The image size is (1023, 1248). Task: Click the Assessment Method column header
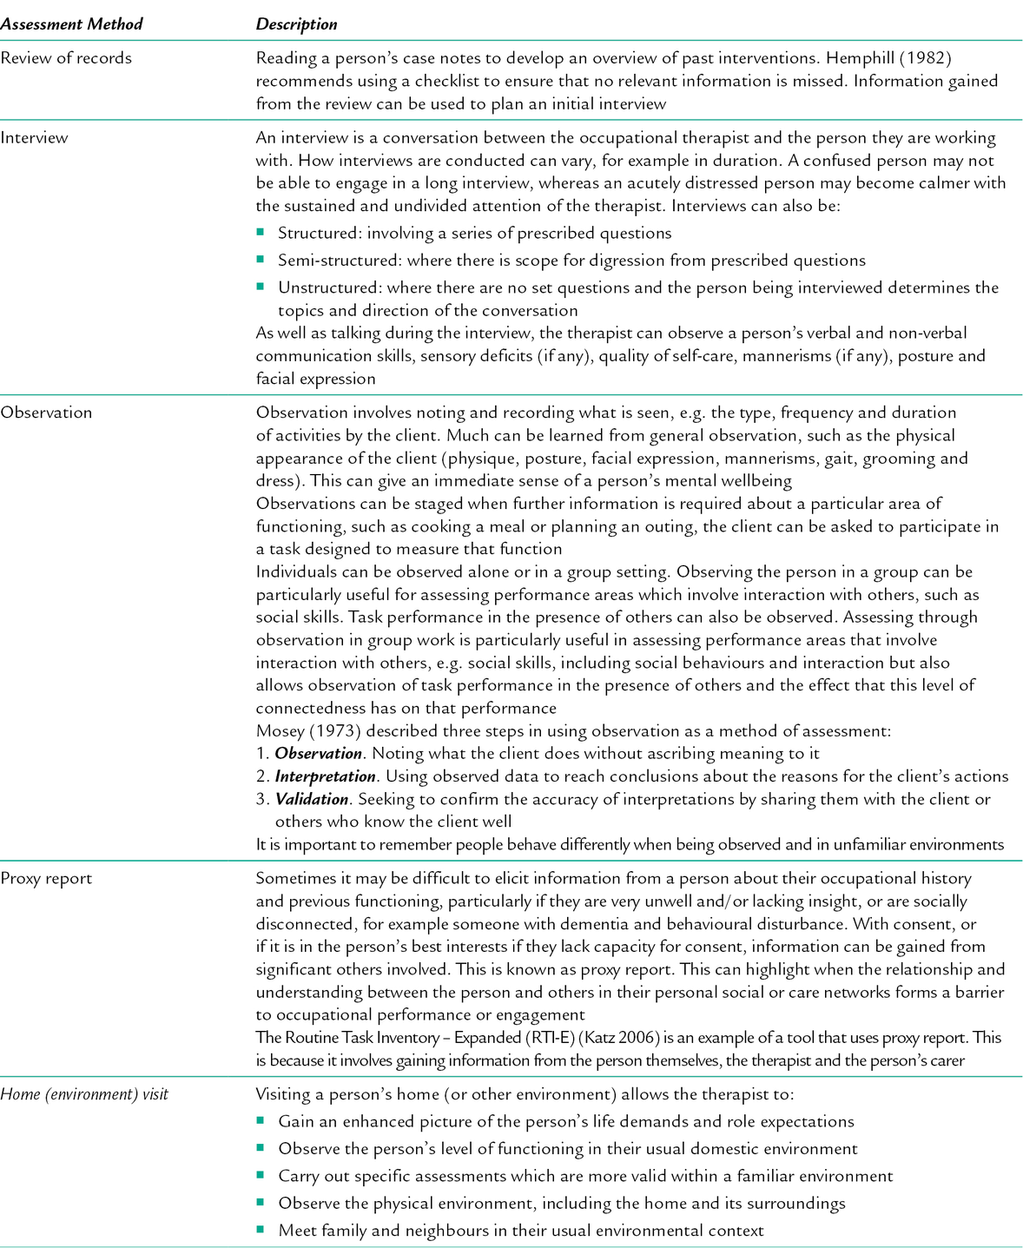pyautogui.click(x=71, y=24)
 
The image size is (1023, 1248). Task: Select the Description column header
pyautogui.click(x=296, y=24)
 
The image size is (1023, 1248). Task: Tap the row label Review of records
pyautogui.click(x=66, y=58)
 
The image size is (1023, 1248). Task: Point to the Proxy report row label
pyautogui.click(x=46, y=878)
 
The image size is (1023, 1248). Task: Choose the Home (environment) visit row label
pyautogui.click(x=84, y=1093)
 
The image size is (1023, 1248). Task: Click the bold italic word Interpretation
pyautogui.click(x=325, y=776)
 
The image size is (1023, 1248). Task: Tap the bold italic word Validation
pyautogui.click(x=312, y=798)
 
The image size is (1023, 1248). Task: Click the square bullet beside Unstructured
pyautogui.click(x=261, y=286)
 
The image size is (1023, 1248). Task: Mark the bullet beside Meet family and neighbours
pyautogui.click(x=261, y=1229)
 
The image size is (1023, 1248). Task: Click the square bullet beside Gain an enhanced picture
pyautogui.click(x=261, y=1120)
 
